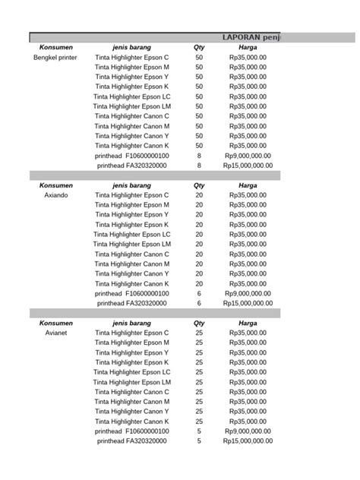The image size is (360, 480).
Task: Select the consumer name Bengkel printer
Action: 55,58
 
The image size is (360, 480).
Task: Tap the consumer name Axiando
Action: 55,195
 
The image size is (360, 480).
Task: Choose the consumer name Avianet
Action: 55,333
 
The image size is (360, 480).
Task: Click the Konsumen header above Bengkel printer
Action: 55,47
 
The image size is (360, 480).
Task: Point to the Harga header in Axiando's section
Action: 248,185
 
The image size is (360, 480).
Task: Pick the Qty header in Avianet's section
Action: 199,323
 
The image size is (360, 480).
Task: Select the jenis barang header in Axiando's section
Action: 131,185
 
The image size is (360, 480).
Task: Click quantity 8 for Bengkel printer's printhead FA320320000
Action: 199,165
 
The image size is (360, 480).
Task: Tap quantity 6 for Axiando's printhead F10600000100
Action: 199,292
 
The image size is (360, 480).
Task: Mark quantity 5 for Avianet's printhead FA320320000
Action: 199,441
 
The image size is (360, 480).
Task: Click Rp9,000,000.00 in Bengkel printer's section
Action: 248,155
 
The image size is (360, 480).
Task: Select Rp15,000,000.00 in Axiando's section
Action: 248,302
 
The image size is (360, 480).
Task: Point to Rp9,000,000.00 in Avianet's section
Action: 248,431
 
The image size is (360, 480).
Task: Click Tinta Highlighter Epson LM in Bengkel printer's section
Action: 131,106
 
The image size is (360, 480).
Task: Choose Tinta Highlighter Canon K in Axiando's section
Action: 131,283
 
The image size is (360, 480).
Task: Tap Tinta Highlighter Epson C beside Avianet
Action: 131,333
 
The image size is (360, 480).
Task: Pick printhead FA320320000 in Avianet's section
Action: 131,441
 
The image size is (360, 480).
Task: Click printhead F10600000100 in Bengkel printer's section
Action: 131,155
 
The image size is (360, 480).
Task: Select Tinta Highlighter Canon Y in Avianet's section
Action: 131,411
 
